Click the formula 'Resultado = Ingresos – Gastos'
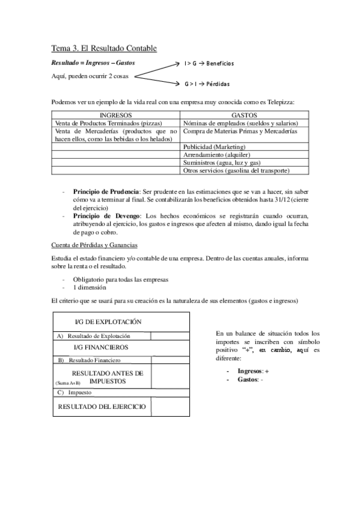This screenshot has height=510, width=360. tap(93, 63)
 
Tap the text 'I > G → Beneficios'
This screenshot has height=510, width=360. tap(209, 63)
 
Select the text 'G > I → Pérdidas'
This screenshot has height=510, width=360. tap(207, 84)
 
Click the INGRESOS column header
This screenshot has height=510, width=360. tap(116, 115)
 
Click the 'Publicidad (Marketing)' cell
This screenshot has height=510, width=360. tap(215, 147)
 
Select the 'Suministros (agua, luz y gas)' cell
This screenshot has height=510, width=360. tap(221, 162)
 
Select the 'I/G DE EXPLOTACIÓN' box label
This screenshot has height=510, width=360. tap(103, 322)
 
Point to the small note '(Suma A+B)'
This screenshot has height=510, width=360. tap(67, 383)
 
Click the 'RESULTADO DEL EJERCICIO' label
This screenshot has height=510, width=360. tap(102, 407)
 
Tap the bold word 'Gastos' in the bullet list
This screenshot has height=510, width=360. tap(248, 381)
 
